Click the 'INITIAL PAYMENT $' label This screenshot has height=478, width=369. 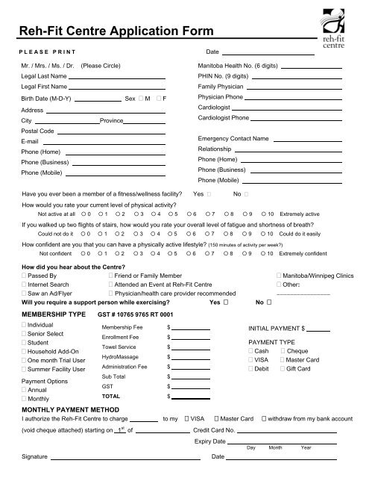277,329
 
